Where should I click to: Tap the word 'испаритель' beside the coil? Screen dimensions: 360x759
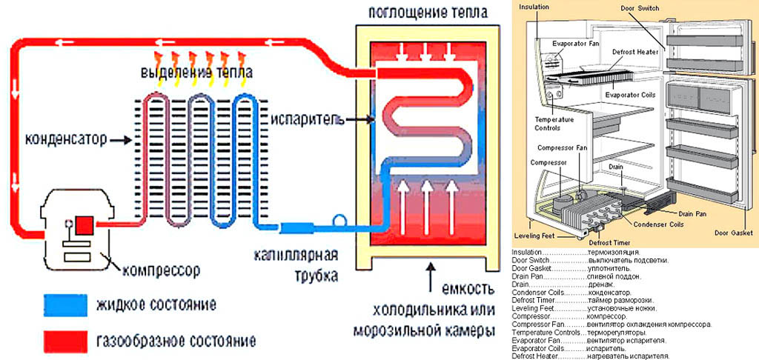tap(296, 119)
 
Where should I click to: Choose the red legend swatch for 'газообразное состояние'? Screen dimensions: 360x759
tap(64, 341)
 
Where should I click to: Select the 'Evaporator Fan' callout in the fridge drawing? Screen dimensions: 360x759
tap(575, 42)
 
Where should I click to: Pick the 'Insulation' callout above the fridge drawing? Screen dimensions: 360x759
tap(534, 7)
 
